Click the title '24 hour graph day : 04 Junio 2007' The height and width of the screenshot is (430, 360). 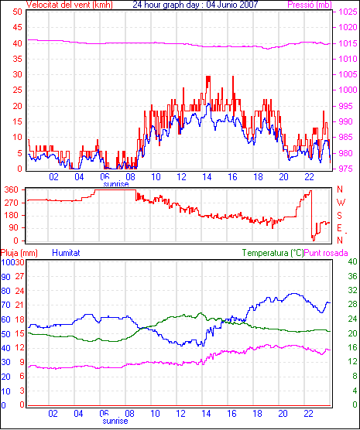click(x=195, y=5)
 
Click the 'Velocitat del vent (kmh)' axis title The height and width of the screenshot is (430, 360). click(x=70, y=5)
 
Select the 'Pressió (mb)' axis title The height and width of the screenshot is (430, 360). click(x=310, y=5)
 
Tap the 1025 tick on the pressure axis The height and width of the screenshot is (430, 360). click(x=348, y=12)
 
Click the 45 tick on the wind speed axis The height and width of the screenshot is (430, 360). click(x=17, y=27)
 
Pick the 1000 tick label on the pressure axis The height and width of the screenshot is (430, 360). click(x=348, y=90)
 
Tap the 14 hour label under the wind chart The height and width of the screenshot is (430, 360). click(x=207, y=177)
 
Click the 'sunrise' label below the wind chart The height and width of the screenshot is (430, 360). click(x=116, y=184)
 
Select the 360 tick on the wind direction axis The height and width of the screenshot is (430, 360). click(x=12, y=189)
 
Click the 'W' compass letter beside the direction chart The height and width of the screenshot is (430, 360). click(x=341, y=203)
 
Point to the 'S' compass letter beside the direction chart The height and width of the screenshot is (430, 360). click(x=339, y=216)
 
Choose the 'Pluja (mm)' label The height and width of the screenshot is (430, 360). click(x=19, y=253)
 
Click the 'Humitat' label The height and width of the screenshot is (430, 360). click(x=66, y=253)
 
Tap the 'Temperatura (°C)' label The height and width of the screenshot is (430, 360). click(x=273, y=253)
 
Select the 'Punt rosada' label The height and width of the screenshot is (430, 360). click(x=326, y=253)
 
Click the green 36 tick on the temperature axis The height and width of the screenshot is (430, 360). click(x=352, y=276)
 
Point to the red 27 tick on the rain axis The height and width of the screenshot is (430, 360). click(x=19, y=276)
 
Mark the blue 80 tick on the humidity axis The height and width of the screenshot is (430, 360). click(x=5, y=291)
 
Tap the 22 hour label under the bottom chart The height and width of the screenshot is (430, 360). click(x=308, y=413)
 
